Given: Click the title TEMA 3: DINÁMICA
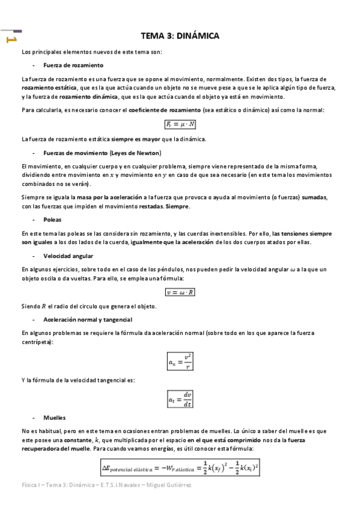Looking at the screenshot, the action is pyautogui.click(x=180, y=36).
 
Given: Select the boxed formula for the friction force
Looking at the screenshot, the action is pyautogui.click(x=180, y=124).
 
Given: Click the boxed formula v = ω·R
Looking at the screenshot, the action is pyautogui.click(x=180, y=292).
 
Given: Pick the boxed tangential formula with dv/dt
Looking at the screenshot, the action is pyautogui.click(x=180, y=398).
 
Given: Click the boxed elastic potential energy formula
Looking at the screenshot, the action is pyautogui.click(x=180, y=466).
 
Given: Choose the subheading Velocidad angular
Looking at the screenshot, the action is pyautogui.click(x=68, y=256).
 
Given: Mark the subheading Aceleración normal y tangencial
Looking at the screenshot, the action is pyautogui.click(x=88, y=319).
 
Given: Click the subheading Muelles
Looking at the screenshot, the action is pyautogui.click(x=55, y=417).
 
